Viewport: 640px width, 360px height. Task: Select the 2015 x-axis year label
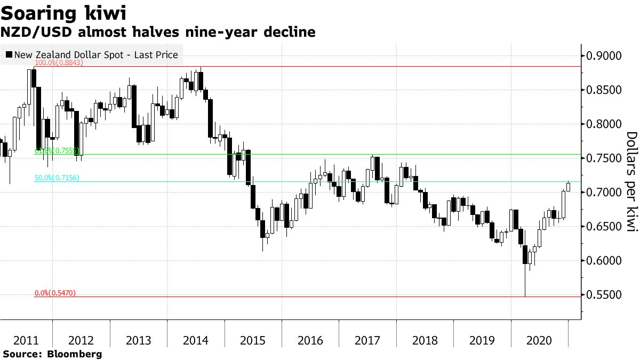[x=253, y=340]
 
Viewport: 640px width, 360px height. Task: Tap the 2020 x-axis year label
[x=540, y=340]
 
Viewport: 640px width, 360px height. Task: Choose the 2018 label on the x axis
[x=425, y=340]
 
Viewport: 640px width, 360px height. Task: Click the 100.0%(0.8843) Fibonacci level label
[x=59, y=63]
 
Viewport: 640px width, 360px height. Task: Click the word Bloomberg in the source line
[x=75, y=354]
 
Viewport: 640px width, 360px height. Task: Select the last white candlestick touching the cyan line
[x=569, y=187]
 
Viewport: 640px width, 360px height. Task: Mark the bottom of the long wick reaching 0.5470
[x=525, y=296]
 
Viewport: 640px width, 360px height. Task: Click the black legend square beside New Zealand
[x=9, y=54]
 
